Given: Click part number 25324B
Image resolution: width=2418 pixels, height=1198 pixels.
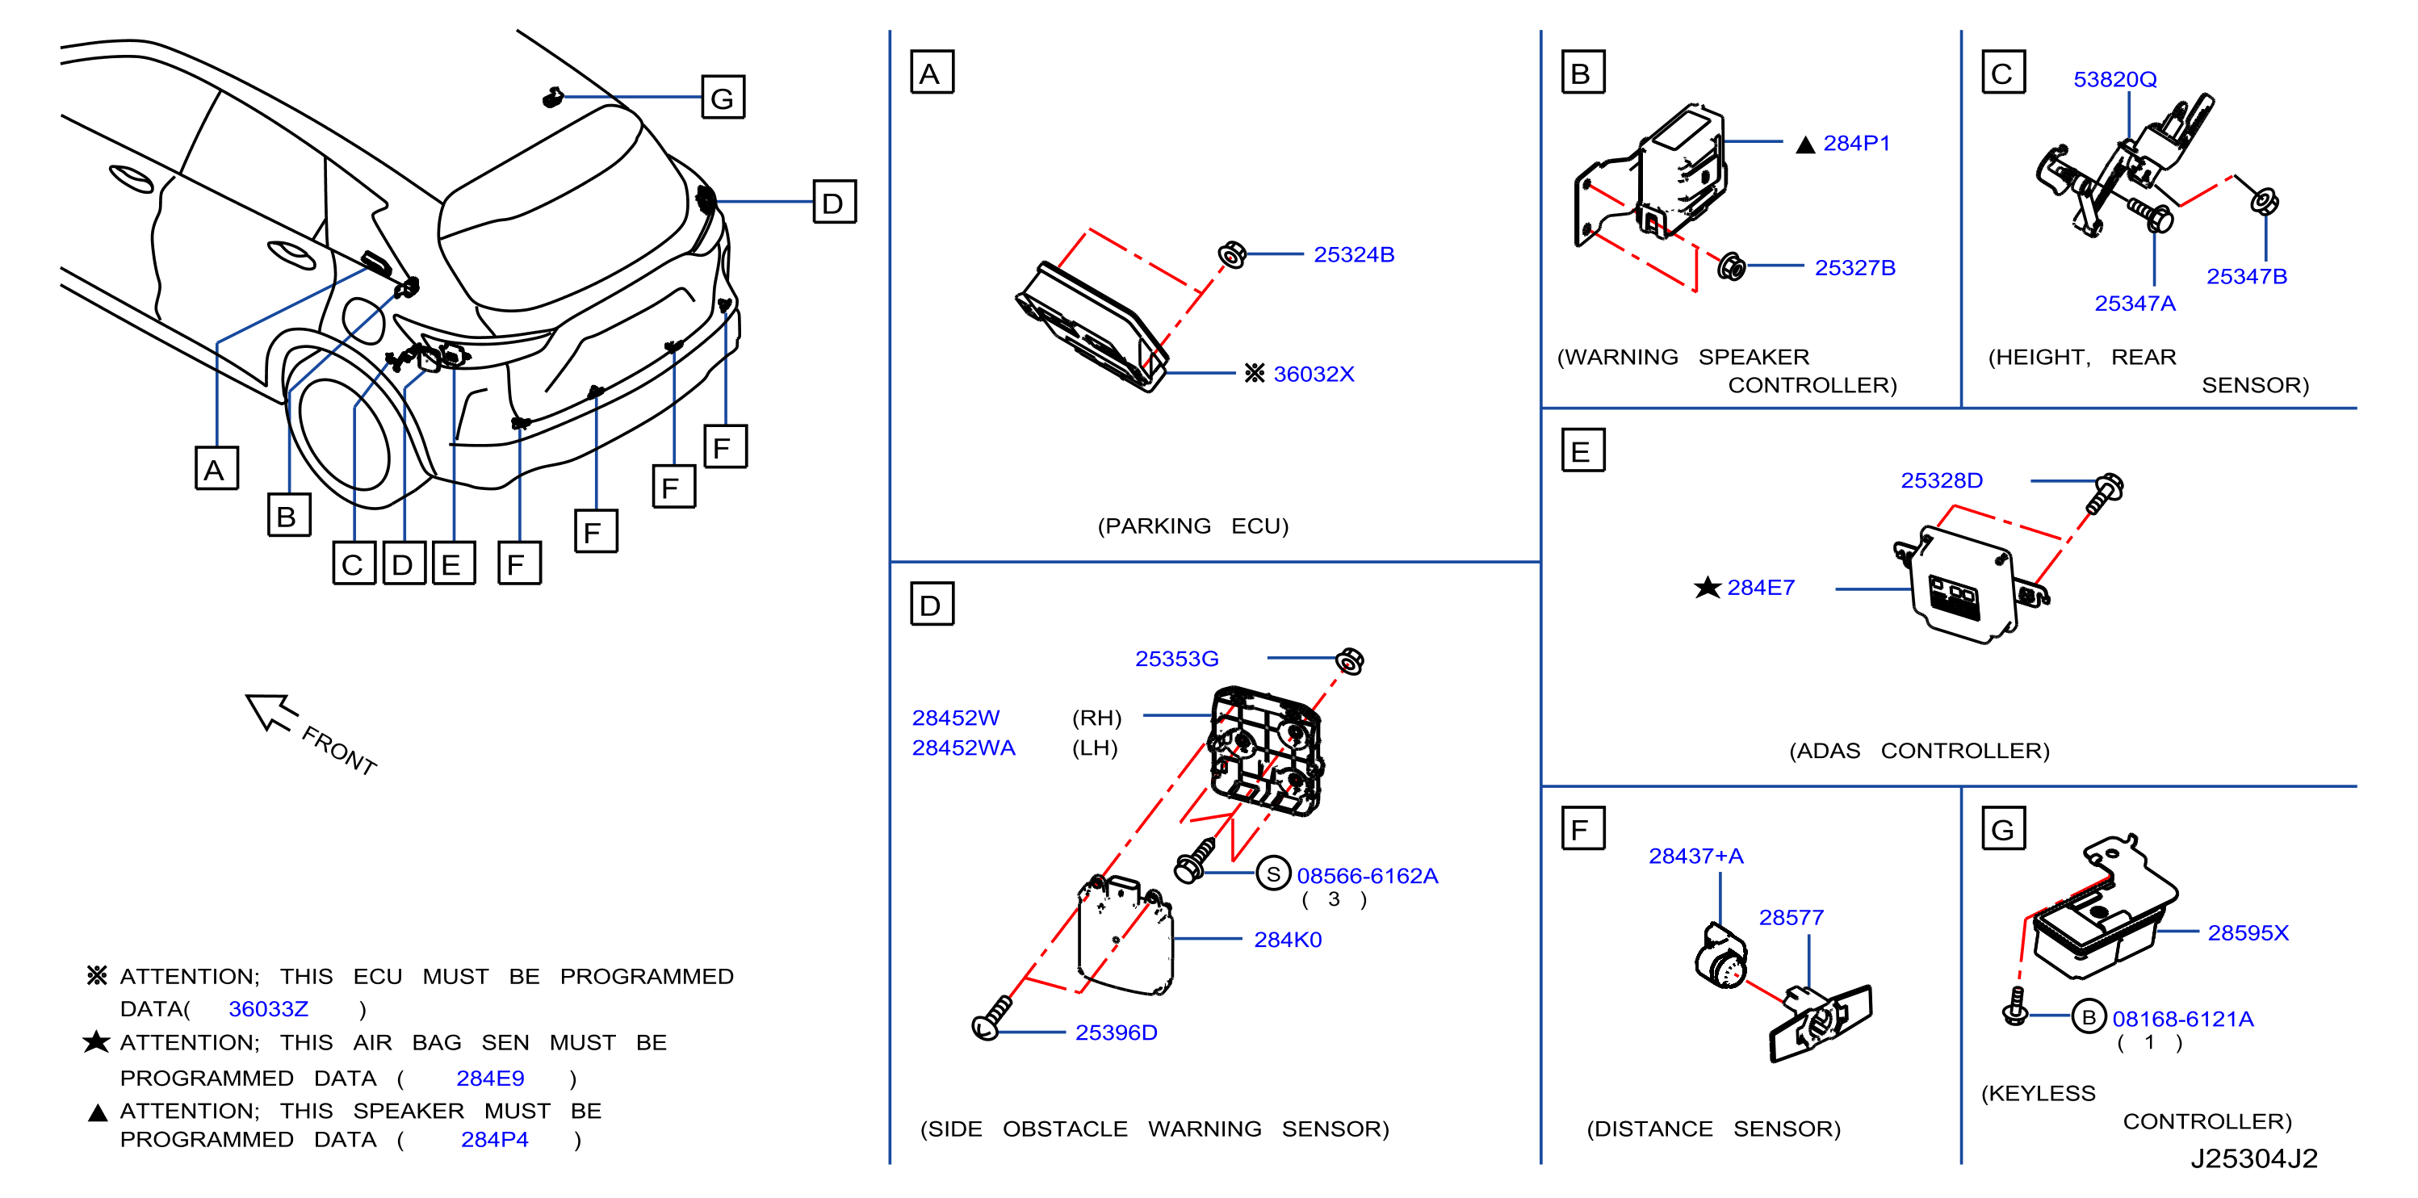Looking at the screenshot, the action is tap(1354, 254).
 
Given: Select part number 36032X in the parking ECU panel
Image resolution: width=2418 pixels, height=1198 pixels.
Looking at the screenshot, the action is tap(1314, 374).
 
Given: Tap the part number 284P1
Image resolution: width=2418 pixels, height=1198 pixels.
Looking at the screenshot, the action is tap(1856, 143).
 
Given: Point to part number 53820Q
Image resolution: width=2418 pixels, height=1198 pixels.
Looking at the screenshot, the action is tap(2114, 79).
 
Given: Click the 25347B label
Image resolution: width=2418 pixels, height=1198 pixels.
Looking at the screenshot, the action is tap(2246, 276).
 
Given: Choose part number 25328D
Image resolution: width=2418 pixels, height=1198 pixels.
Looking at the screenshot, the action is tap(1941, 480).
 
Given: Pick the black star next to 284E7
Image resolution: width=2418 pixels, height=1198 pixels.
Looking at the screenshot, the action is tap(1708, 587).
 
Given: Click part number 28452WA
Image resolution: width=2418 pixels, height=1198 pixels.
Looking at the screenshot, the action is tap(963, 748).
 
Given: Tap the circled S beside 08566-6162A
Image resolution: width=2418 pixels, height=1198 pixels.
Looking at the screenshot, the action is tap(1273, 874).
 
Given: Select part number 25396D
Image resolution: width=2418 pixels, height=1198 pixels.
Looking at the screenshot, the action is tap(1116, 1032).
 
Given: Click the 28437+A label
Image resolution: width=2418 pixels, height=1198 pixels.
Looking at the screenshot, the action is tap(1695, 856).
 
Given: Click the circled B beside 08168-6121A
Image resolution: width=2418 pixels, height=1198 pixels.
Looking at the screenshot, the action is tap(2089, 1017).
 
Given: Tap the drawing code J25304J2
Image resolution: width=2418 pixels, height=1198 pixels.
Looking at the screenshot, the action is tap(2254, 1158).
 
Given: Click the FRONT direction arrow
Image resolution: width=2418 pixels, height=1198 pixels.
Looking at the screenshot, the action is tap(271, 710).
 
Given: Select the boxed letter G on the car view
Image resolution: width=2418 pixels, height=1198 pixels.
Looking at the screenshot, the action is tap(723, 97).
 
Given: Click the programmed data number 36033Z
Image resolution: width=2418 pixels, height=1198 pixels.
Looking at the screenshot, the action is tap(269, 1008).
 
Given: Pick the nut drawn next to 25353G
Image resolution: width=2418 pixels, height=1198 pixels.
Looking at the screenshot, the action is tap(1350, 661).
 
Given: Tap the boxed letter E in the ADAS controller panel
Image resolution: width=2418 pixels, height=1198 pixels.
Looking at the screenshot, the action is tap(1582, 450).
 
